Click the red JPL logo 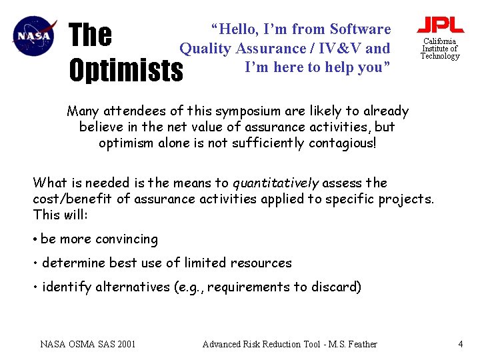(x=440, y=25)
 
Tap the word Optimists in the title (x=126, y=70)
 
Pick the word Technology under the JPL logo (x=440, y=56)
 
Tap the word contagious (x=343, y=143)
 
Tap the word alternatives (x=135, y=287)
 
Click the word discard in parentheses (x=337, y=287)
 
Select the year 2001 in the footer (x=126, y=344)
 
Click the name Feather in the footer (x=362, y=344)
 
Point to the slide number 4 (x=460, y=344)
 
